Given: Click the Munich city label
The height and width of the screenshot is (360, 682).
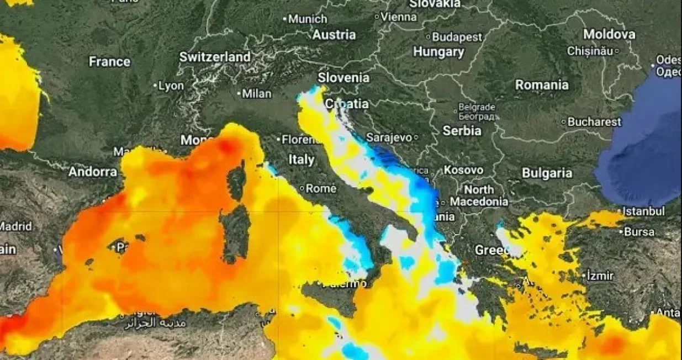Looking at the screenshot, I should (308, 19).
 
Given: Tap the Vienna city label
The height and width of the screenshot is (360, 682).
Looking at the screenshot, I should (398, 17).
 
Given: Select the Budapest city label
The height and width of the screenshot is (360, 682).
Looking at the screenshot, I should (457, 37).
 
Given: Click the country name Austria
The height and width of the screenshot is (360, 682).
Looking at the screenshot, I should (334, 35).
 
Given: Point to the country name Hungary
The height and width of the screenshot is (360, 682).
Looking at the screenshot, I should (438, 52).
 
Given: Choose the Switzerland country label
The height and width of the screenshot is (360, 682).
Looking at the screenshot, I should (215, 57).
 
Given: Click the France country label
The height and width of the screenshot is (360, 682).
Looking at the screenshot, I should (109, 61).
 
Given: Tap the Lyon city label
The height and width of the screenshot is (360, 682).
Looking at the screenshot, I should (171, 86).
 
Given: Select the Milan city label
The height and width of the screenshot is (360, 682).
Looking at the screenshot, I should (257, 94).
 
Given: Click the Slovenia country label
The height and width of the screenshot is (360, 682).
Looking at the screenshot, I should (343, 77).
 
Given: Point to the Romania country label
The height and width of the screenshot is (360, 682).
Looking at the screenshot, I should (541, 85).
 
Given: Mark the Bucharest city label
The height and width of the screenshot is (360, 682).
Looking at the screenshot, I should (594, 121).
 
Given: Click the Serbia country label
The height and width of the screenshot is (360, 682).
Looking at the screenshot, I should (462, 131).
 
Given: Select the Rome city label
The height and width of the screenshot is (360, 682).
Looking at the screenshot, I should (321, 189).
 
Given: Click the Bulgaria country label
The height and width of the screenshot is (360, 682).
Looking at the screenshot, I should (547, 173).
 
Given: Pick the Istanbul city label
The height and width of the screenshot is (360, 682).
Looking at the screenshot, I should (644, 211).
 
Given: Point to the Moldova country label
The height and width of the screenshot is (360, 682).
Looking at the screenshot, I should (609, 34).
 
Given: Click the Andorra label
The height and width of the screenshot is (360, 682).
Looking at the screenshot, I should (93, 172).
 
